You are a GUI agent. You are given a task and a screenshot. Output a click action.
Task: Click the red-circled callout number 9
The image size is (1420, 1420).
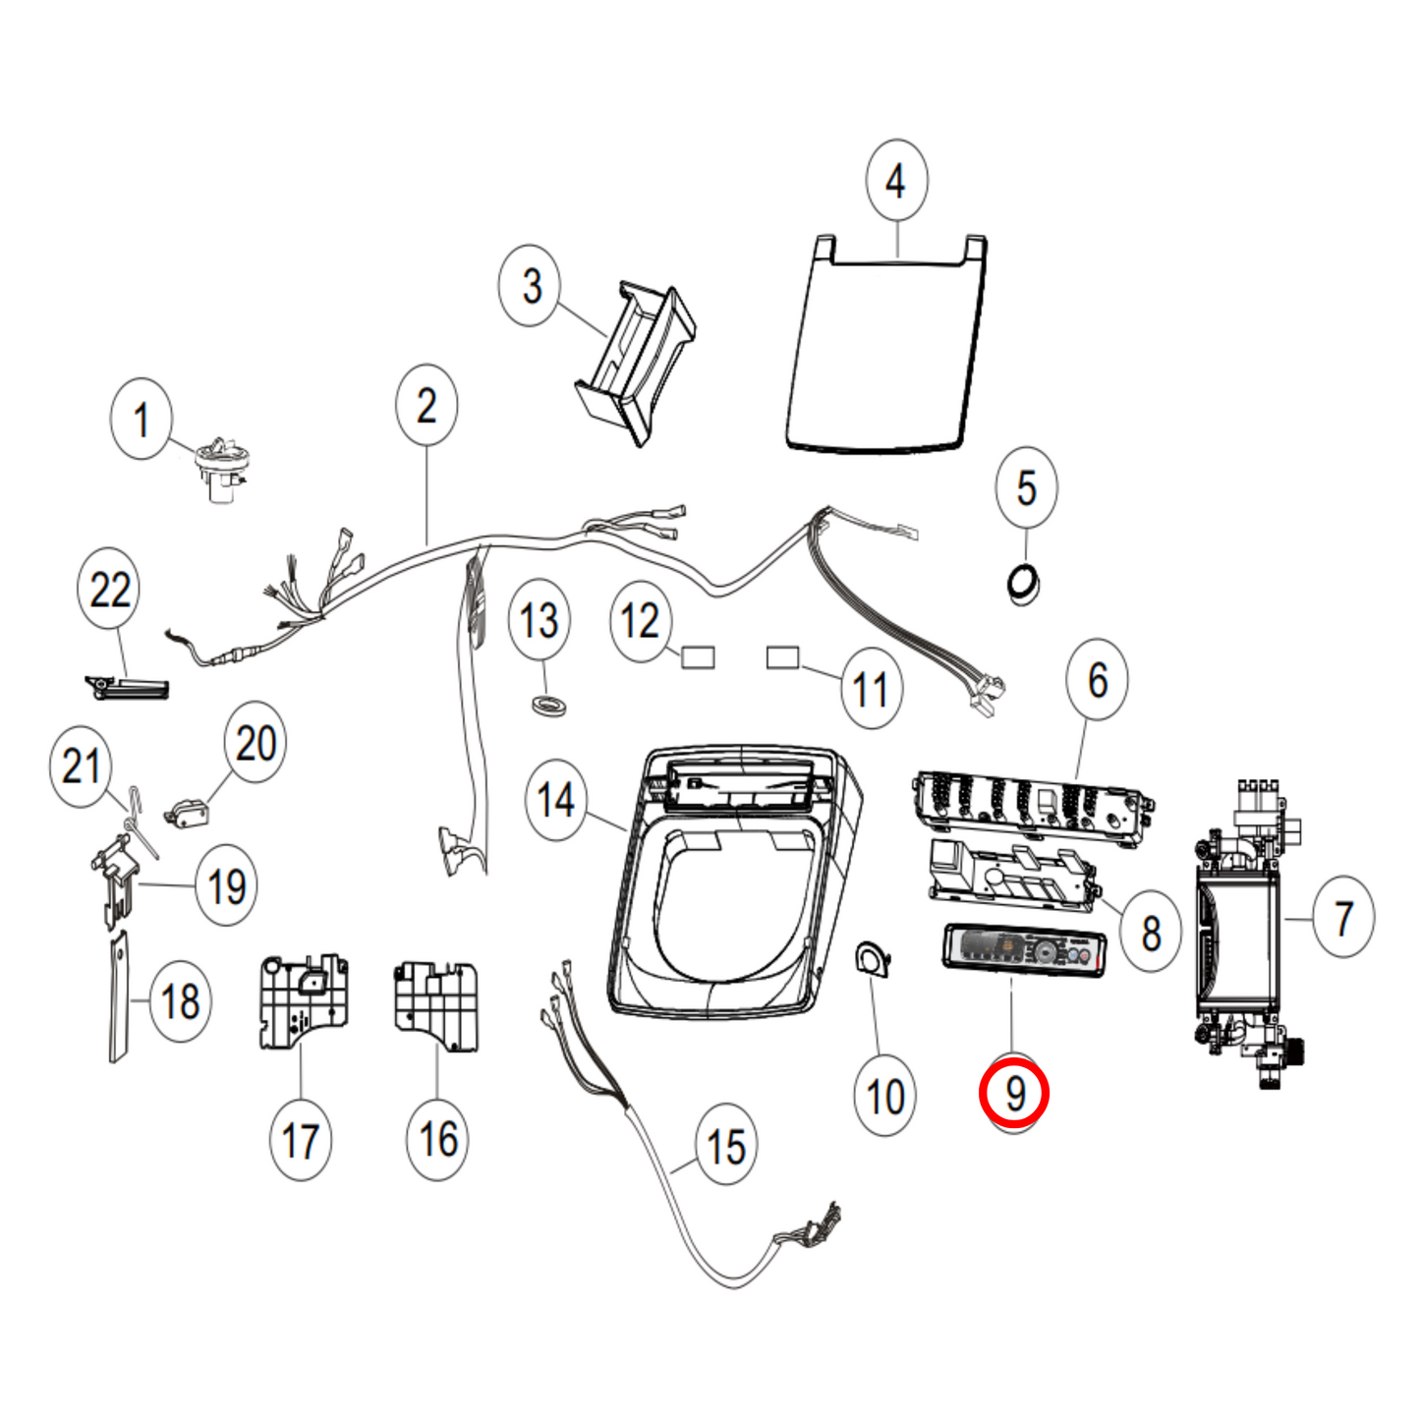click(1014, 1093)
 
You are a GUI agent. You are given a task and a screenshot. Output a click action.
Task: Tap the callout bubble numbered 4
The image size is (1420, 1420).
click(895, 181)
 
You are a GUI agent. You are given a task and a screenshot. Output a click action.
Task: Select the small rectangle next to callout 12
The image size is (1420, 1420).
click(698, 656)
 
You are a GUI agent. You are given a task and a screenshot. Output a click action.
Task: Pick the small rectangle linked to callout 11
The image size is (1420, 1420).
click(782, 656)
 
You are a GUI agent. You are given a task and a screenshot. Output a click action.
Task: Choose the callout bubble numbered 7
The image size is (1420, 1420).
click(1342, 918)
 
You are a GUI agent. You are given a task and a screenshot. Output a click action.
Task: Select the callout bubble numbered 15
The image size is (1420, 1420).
click(725, 1146)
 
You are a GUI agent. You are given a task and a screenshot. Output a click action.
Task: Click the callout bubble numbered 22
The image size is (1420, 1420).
click(109, 590)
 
